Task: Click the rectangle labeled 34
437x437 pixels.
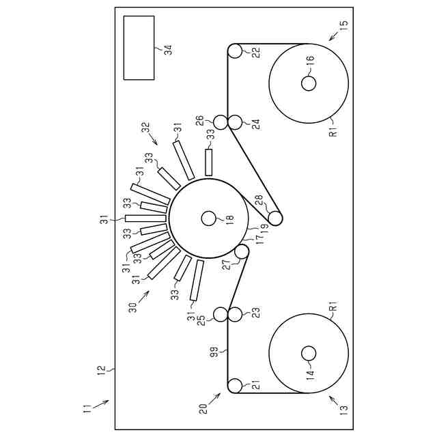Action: click(139, 47)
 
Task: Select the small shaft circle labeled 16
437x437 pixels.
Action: click(308, 83)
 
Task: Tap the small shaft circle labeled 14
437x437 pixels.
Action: click(308, 353)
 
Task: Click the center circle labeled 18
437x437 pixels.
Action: click(209, 218)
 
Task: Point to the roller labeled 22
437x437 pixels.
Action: click(234, 51)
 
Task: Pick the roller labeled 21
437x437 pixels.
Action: click(234, 386)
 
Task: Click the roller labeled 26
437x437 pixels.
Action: click(221, 122)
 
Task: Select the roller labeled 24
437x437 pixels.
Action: click(235, 122)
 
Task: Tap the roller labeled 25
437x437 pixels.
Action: click(221, 314)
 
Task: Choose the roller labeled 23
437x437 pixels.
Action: click(235, 314)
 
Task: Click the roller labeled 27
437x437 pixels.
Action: click(241, 252)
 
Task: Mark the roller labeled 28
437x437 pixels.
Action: click(274, 218)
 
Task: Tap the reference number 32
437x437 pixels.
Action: click(145, 127)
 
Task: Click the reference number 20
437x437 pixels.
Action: click(203, 408)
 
